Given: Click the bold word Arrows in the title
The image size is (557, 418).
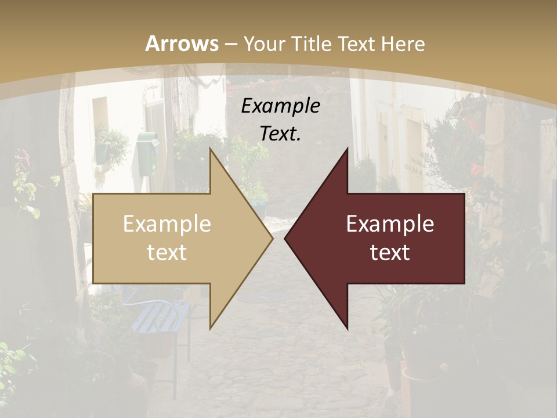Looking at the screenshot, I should [182, 44].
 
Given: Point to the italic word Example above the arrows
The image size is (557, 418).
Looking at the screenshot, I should [281, 106].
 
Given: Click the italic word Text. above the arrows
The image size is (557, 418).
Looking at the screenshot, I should [281, 134].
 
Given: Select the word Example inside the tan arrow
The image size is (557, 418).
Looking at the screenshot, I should [167, 224].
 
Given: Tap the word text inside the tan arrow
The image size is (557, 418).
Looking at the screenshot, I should [167, 252].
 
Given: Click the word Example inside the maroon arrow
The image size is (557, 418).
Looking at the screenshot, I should [390, 224].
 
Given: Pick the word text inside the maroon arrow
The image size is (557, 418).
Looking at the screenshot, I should [390, 252].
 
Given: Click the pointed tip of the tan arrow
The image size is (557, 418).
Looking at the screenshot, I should [272, 238].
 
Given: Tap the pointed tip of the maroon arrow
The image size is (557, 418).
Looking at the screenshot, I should [285, 238].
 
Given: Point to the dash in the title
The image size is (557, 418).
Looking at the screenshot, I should [230, 44].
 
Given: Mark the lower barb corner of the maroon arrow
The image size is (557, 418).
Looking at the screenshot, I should [348, 329].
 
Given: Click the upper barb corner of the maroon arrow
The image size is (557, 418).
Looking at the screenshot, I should [348, 147].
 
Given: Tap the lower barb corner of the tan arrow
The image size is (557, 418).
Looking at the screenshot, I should [210, 329].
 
